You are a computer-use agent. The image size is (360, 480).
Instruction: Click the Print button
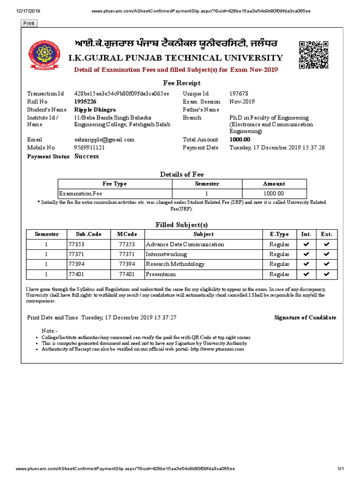point(29,23)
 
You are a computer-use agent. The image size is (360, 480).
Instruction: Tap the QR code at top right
point(313,55)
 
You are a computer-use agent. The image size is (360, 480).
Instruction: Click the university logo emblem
point(42,55)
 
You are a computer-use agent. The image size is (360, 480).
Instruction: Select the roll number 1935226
point(85,101)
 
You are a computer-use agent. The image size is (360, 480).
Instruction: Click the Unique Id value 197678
point(239,94)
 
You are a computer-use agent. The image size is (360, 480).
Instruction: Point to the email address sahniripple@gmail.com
point(104,140)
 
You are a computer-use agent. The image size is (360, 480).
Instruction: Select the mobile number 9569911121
point(89,147)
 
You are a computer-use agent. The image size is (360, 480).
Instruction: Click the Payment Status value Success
point(87,156)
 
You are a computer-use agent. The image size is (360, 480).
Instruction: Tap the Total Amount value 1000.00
point(240,140)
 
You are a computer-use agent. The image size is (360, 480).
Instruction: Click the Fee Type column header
point(114,184)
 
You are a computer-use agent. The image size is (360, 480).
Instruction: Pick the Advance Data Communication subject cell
point(185,244)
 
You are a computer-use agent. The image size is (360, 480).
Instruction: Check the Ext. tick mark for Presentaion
point(327,274)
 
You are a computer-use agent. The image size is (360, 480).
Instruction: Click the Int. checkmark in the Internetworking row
point(306,254)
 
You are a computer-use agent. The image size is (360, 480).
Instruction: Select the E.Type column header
point(279,234)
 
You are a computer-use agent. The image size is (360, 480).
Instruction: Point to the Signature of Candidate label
point(305,317)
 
